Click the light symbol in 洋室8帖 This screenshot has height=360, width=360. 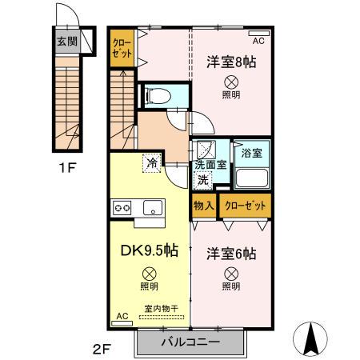coord(230,81)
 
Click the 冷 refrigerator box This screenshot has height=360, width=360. coord(151,162)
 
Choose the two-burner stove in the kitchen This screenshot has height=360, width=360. coord(122,208)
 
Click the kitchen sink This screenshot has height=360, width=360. coord(151,208)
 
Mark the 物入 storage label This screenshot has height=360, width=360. coord(204,206)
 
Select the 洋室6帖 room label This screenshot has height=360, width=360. coord(230,254)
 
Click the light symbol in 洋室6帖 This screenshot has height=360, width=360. coord(230,274)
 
